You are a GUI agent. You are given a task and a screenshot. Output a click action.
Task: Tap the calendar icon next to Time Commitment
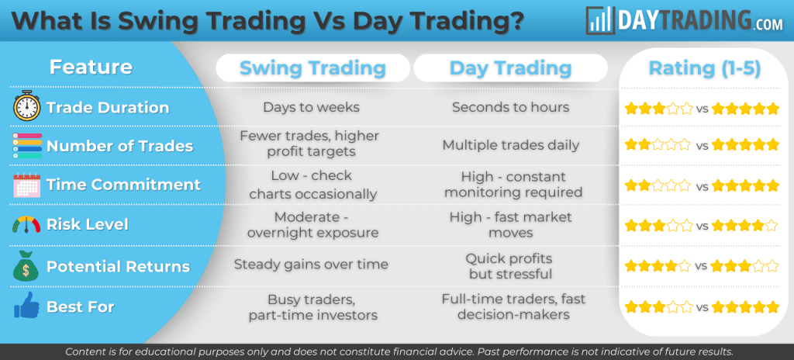(26, 185)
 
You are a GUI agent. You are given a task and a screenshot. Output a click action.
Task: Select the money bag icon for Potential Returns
(26, 265)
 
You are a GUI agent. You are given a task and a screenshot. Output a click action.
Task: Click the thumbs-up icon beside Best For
(26, 306)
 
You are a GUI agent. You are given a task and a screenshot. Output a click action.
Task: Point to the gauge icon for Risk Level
(26, 225)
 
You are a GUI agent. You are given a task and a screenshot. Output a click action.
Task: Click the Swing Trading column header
(312, 68)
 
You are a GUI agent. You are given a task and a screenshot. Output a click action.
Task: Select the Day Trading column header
(510, 68)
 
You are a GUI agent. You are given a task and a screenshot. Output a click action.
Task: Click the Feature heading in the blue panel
(91, 67)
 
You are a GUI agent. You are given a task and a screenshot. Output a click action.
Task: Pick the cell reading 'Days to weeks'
(312, 107)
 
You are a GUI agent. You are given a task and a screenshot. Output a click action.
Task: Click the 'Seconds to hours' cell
(510, 107)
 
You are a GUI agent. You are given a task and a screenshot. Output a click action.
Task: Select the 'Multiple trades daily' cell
(510, 145)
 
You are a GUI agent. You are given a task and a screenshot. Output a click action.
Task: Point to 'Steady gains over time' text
(312, 265)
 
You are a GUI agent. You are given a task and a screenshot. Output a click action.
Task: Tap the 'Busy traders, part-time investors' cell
(312, 307)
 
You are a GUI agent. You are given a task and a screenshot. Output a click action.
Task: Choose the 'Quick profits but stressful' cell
(510, 265)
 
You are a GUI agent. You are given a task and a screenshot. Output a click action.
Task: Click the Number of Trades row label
(119, 146)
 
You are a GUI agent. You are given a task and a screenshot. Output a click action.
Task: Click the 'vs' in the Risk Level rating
(702, 226)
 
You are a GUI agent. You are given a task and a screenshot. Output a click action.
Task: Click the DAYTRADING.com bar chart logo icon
(602, 20)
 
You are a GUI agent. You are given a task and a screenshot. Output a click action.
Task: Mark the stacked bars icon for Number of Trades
(26, 146)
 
